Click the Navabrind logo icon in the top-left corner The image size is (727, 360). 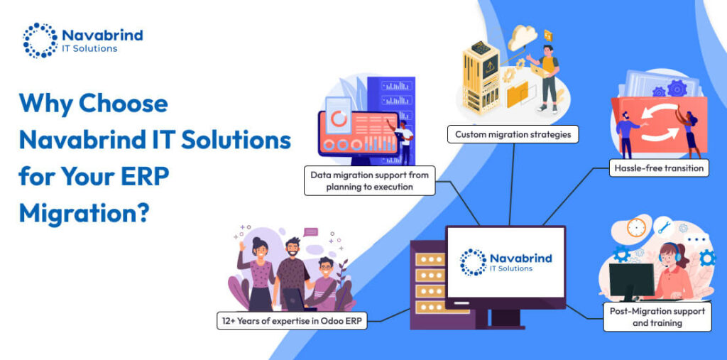[x=40, y=40]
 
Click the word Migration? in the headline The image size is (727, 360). [x=84, y=211]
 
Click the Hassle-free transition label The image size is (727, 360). [x=658, y=168]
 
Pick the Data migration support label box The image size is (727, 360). [x=369, y=180]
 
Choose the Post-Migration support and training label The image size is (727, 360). [x=657, y=317]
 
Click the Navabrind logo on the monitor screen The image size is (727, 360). [x=505, y=261]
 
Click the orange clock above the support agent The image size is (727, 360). [x=636, y=228]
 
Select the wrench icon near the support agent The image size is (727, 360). [x=665, y=228]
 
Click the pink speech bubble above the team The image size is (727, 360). [x=311, y=231]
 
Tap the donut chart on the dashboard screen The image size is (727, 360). [x=339, y=119]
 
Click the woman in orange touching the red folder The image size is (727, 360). [x=690, y=132]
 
